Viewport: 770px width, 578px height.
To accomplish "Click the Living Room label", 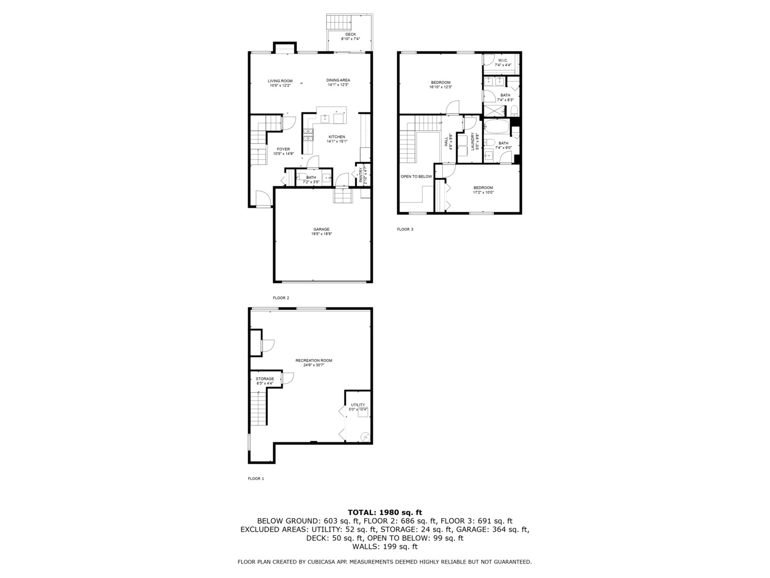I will (x=280, y=81).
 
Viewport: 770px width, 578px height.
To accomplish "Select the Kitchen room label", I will (x=337, y=137).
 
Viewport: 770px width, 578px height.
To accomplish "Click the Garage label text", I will (x=321, y=230).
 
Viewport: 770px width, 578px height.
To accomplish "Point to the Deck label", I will (x=350, y=34).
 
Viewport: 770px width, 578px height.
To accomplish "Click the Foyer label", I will (x=283, y=149).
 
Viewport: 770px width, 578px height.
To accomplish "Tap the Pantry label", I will (x=361, y=174).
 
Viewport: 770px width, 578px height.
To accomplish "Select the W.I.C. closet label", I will (x=503, y=60).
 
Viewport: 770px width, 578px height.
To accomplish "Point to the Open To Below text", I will (x=416, y=176).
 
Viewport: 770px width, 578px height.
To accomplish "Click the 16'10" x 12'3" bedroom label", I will (x=441, y=82).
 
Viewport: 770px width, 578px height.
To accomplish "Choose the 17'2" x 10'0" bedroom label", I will (x=483, y=187).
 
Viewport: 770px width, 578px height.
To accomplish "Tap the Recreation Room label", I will (x=314, y=361).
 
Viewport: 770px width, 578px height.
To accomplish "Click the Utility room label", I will (x=358, y=405).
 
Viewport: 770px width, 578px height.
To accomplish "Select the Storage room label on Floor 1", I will (x=265, y=379).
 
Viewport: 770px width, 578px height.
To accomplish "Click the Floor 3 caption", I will (x=405, y=229).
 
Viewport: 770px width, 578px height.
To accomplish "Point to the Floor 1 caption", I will (x=256, y=478).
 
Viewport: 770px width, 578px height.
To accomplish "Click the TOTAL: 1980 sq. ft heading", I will (x=384, y=512).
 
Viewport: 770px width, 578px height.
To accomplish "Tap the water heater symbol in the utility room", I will (x=365, y=437).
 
